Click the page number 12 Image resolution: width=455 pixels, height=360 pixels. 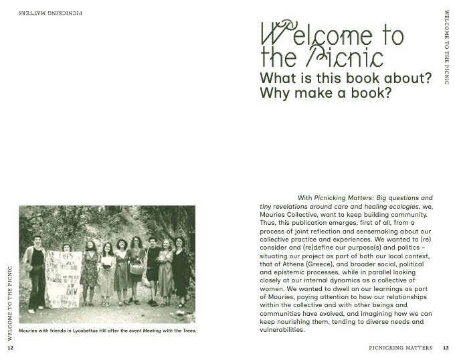10,348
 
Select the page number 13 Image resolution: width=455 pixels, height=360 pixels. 446,348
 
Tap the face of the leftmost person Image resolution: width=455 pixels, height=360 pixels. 37,239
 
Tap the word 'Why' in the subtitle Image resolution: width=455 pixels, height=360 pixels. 274,94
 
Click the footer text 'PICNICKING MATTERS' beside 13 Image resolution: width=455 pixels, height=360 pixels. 401,348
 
